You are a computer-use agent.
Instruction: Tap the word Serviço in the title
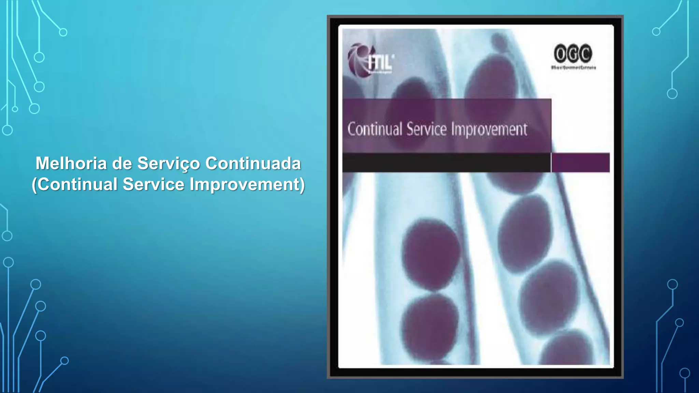click(169, 163)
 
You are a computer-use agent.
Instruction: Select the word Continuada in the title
click(253, 163)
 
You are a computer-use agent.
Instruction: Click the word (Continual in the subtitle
click(75, 184)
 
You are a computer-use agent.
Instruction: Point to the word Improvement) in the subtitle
click(247, 185)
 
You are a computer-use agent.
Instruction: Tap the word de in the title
click(122, 163)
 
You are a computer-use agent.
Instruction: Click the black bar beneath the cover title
click(446, 163)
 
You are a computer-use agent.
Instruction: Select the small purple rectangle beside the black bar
click(581, 163)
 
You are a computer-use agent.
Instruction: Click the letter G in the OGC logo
click(573, 54)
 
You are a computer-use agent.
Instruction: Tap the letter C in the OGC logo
click(586, 54)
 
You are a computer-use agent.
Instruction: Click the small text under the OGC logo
click(573, 68)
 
